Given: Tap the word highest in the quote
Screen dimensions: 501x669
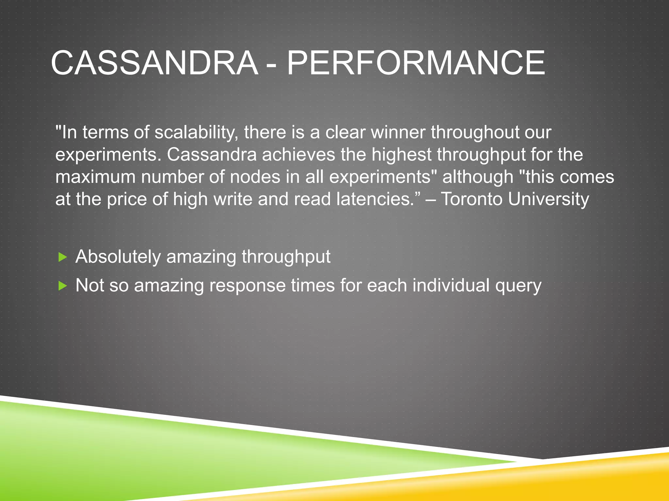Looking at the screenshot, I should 401,155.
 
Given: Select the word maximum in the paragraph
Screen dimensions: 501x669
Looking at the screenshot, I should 95,177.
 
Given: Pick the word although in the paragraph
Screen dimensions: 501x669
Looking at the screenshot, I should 478,177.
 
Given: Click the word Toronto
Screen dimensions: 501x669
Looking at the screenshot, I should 472,199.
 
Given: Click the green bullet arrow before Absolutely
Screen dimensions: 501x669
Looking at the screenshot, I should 62,257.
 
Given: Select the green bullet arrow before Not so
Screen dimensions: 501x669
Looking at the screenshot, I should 62,286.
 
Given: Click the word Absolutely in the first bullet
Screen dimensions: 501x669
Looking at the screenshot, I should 118,257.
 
